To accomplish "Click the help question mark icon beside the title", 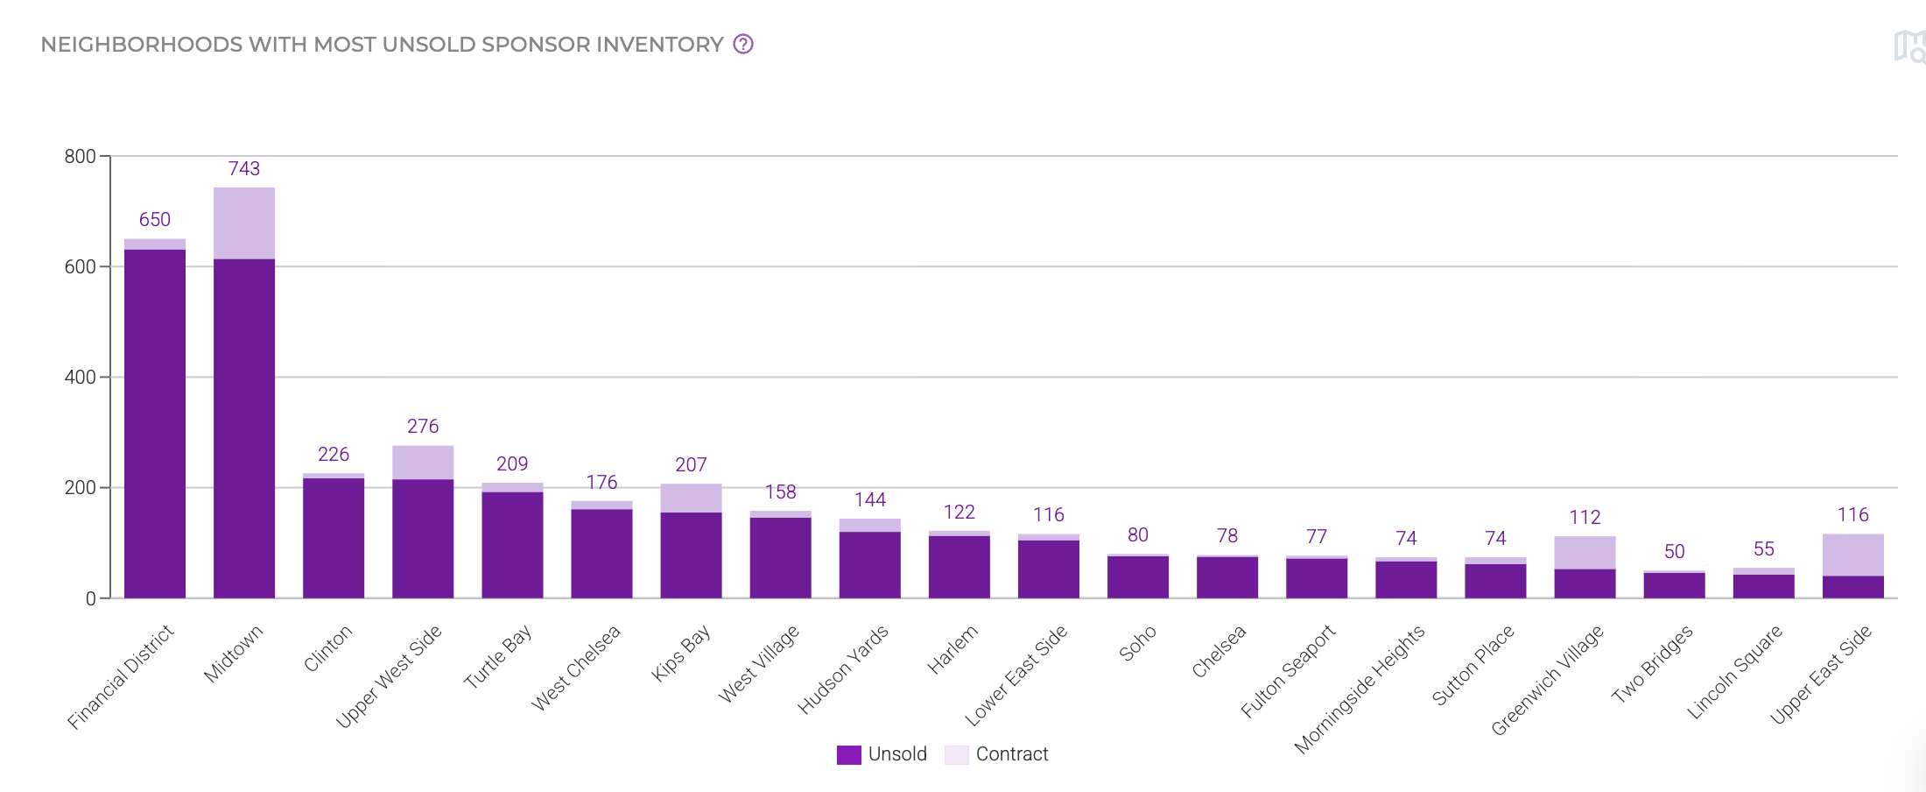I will point(743,44).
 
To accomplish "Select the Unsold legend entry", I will point(882,754).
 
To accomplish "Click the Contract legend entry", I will point(997,754).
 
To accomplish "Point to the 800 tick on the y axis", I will point(80,157).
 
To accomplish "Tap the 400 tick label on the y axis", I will point(80,378).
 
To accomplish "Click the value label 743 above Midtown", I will point(244,168).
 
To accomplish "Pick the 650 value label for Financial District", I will point(155,220).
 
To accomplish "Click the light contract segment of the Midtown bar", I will point(244,223).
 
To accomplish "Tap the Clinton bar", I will point(334,537).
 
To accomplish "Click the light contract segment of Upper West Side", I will point(423,463).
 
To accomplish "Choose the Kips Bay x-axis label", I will point(681,653).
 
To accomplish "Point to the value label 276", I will point(423,427).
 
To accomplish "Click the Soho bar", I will point(1138,577).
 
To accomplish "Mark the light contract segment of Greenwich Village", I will point(1585,553).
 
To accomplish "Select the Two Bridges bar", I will point(1674,585).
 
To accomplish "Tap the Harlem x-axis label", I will point(952,650).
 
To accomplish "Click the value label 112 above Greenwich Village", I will point(1585,518).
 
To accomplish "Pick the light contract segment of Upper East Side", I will point(1852,555).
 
